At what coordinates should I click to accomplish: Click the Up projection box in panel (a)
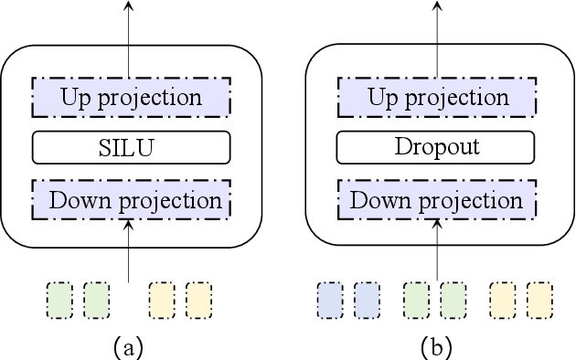point(131,94)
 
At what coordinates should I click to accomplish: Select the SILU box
point(131,146)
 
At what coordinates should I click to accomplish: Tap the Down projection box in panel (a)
point(131,199)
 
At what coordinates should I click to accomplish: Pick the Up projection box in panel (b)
point(435,94)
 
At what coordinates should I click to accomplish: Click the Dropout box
point(435,146)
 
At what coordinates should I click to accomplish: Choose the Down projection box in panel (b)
point(435,199)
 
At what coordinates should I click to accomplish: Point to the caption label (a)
point(129,345)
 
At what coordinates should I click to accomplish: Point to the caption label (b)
point(435,345)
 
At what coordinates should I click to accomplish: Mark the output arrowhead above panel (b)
point(437,6)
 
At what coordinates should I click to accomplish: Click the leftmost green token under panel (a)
point(60,299)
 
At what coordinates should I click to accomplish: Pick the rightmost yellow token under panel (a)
point(198,299)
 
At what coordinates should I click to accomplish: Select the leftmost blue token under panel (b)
point(330,299)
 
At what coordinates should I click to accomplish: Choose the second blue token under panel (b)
point(367,299)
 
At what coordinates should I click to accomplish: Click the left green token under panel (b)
point(417,299)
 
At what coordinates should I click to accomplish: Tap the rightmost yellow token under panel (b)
point(539,299)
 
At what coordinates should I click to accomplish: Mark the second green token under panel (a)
point(96,299)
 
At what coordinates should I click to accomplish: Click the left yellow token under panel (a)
point(163,299)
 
